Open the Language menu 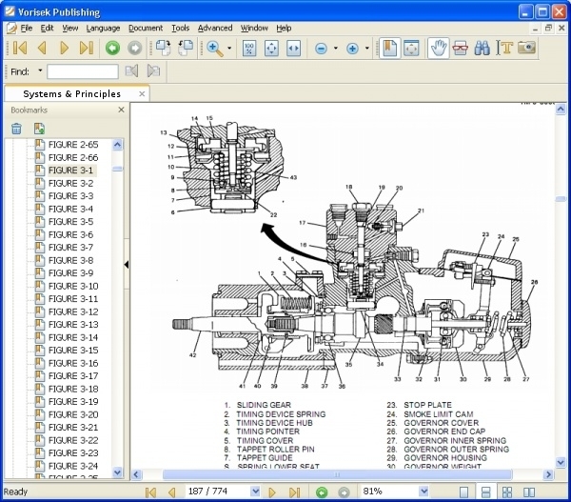(103, 28)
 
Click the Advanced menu (215, 28)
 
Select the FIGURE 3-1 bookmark (71, 170)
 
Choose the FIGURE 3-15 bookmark (73, 350)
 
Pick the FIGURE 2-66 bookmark (73, 157)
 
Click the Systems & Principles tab (72, 94)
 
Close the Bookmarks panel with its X (121, 110)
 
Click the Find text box (82, 71)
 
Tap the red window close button (558, 10)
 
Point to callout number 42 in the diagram (192, 354)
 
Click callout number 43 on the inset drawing (293, 177)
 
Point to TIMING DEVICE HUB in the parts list (276, 421)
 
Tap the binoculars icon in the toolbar (482, 48)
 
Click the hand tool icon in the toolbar (439, 48)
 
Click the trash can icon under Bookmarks (16, 129)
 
